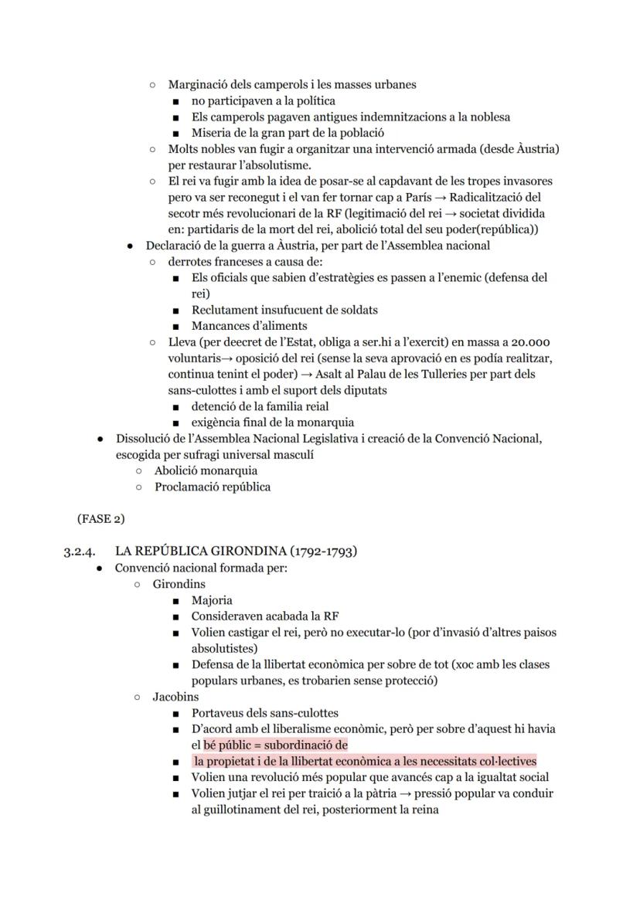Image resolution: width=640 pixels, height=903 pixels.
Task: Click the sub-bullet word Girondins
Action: (x=179, y=584)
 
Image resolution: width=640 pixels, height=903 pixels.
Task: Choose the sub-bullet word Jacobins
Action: (x=175, y=697)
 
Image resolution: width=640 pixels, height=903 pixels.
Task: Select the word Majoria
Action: (x=212, y=600)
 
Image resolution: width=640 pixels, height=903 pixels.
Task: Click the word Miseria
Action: (x=213, y=133)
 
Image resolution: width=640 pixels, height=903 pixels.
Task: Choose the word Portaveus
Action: (x=220, y=713)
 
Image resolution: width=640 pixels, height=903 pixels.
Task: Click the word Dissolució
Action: (x=148, y=439)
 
